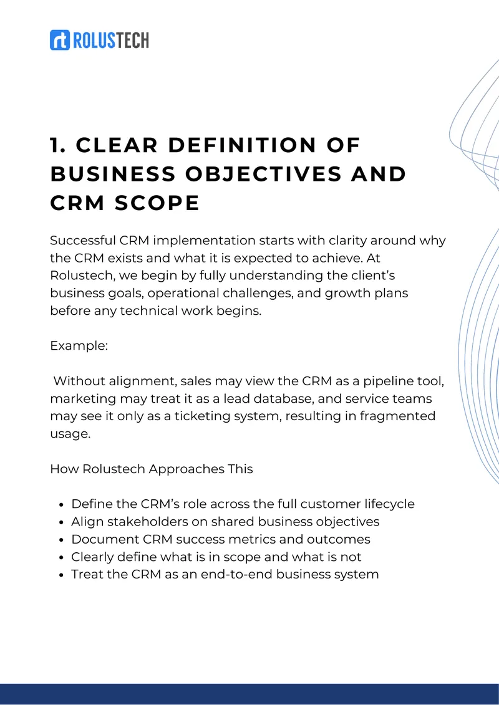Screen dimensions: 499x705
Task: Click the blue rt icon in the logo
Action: (x=60, y=40)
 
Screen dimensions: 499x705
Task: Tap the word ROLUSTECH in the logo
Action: (x=110, y=41)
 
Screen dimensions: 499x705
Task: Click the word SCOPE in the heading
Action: (x=157, y=203)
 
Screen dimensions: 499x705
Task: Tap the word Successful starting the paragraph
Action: (x=83, y=241)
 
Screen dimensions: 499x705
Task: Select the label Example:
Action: (x=79, y=346)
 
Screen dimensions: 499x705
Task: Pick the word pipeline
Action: (x=383, y=381)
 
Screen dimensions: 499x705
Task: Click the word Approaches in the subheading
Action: (x=187, y=469)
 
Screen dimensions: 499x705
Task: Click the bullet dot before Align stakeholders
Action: (x=62, y=522)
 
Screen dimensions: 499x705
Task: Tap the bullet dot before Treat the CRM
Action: (x=62, y=575)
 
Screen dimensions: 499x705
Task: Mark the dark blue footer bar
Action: (x=249, y=694)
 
